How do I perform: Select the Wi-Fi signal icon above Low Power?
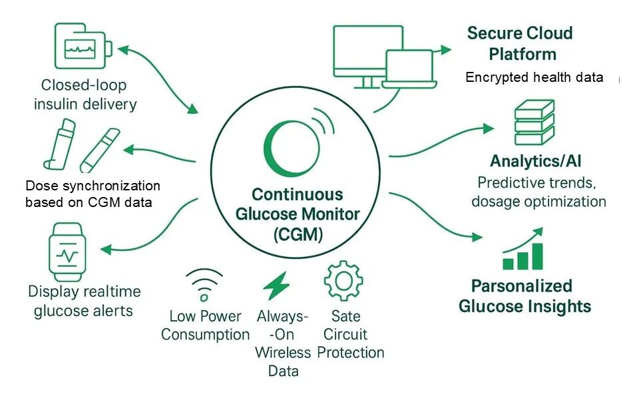tap(204, 284)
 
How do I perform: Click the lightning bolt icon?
tap(276, 286)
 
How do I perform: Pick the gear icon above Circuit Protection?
tap(343, 281)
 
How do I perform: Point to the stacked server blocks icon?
tap(534, 122)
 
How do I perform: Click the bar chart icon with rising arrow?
tap(523, 249)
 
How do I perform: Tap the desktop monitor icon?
tap(368, 56)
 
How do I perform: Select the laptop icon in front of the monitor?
tap(409, 69)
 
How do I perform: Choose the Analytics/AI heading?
tap(535, 161)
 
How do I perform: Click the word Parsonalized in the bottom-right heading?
tap(522, 286)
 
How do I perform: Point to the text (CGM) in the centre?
tap(298, 234)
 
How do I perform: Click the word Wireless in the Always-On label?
tap(283, 353)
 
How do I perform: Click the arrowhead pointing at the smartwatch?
tap(106, 249)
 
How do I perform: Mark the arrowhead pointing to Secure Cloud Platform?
tap(446, 50)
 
